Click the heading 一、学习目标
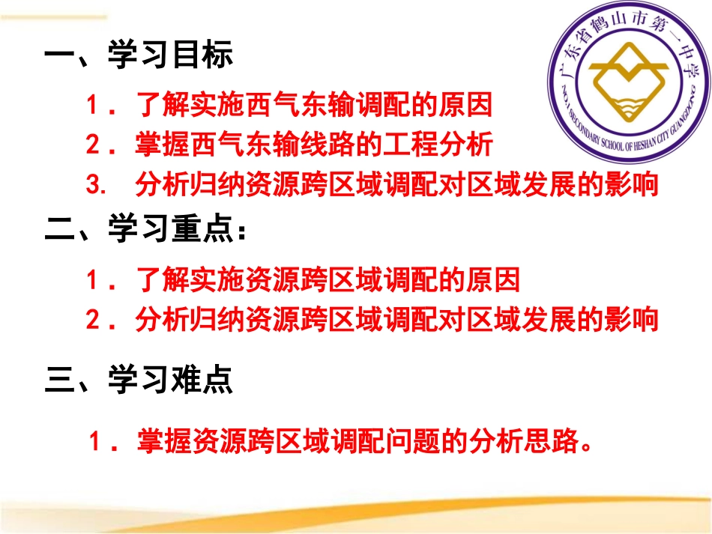(x=139, y=56)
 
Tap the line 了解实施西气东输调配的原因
(x=314, y=105)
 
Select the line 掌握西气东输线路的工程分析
(x=314, y=144)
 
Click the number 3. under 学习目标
(x=98, y=184)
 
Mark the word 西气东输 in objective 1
(x=286, y=105)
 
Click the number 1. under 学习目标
(x=100, y=105)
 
